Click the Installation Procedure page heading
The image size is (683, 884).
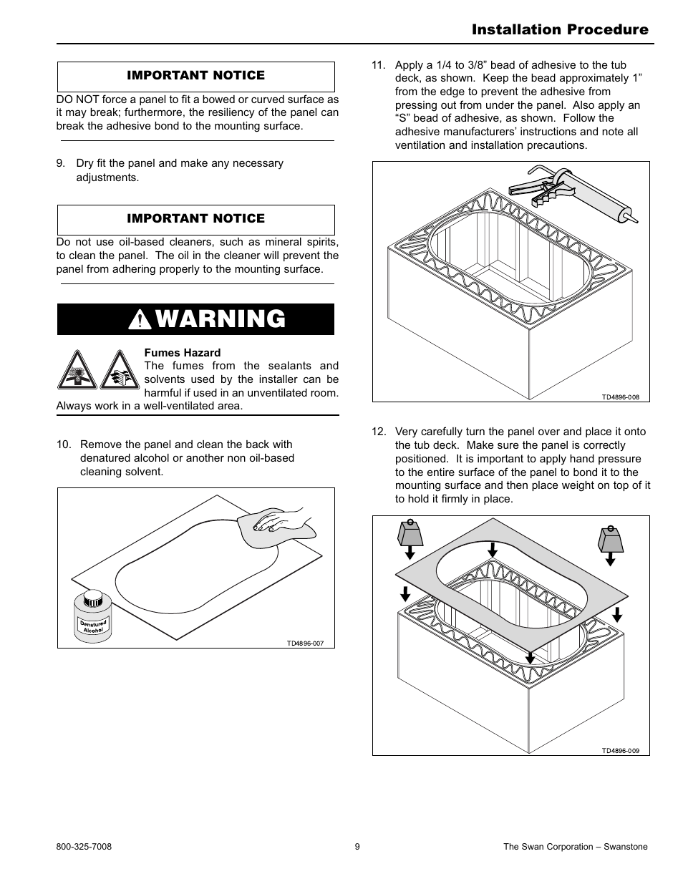pyautogui.click(x=560, y=29)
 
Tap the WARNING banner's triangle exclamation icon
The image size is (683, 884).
pyautogui.click(x=140, y=320)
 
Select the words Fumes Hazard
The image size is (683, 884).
pyautogui.click(x=183, y=352)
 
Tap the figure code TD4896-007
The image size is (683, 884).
pyautogui.click(x=305, y=643)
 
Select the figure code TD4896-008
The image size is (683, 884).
pyautogui.click(x=620, y=397)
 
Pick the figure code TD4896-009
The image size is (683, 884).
pyautogui.click(x=620, y=751)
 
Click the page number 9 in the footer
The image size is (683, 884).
pyautogui.click(x=357, y=847)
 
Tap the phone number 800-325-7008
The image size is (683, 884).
pyautogui.click(x=84, y=847)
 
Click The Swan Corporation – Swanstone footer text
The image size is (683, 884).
pyautogui.click(x=575, y=847)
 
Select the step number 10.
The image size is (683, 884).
pyautogui.click(x=64, y=445)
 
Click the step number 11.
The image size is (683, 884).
pyautogui.click(x=379, y=65)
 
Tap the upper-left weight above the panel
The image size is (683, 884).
pyautogui.click(x=410, y=535)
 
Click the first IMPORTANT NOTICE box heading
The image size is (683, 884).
pyautogui.click(x=195, y=75)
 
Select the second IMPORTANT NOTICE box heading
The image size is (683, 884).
pyautogui.click(x=195, y=218)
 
